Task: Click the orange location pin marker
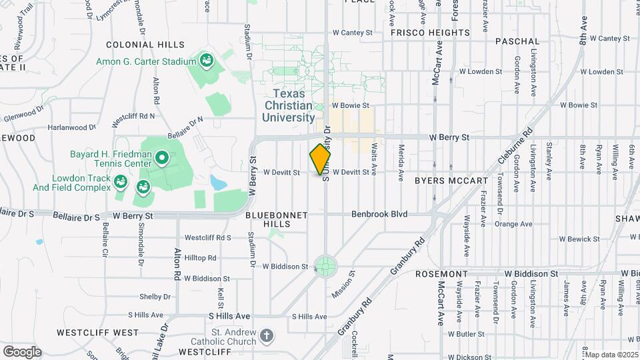[321, 159]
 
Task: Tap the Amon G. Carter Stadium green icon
[207, 61]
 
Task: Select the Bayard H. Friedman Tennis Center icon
[161, 158]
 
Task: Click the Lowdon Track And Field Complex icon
[121, 181]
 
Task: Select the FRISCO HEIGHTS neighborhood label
[430, 32]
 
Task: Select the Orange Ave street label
[513, 224]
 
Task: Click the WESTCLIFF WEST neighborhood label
[97, 332]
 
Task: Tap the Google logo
[22, 352]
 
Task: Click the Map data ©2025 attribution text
[610, 355]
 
